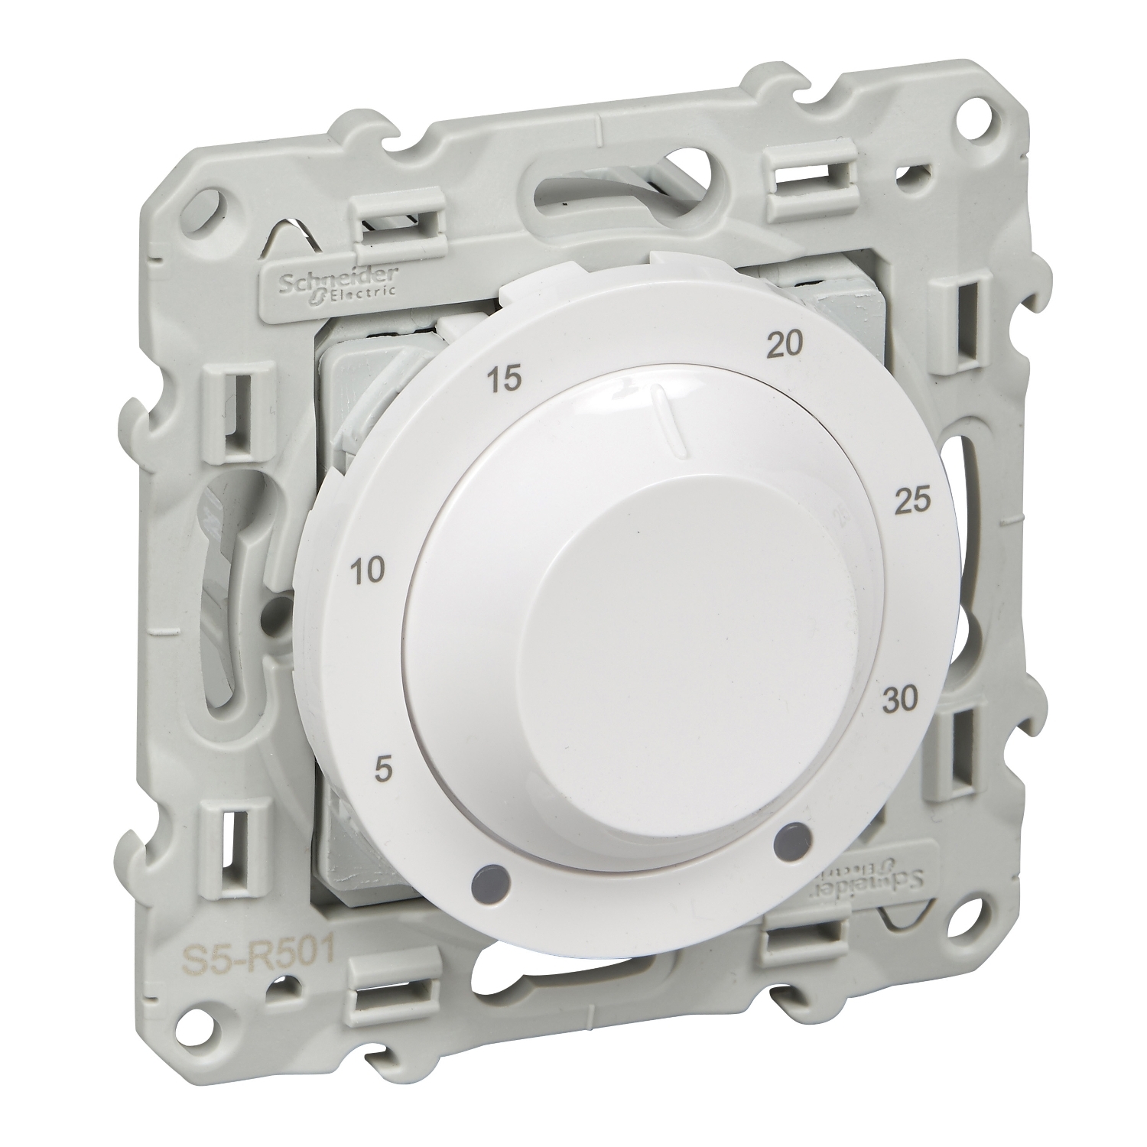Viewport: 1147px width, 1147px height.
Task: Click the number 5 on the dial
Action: coord(385,768)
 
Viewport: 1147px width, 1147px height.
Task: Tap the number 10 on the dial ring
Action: coord(368,570)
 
